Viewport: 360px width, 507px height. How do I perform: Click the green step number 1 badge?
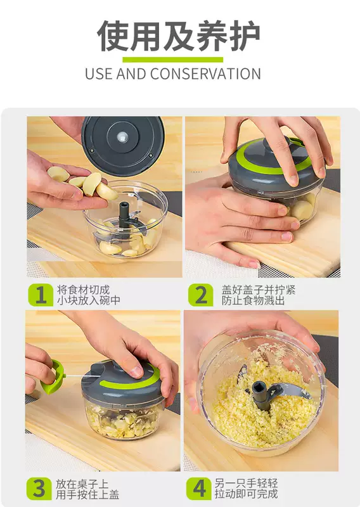pyautogui.click(x=41, y=295)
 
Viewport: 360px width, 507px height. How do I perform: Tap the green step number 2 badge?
pyautogui.click(x=201, y=295)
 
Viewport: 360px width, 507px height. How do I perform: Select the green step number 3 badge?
pyautogui.click(x=39, y=489)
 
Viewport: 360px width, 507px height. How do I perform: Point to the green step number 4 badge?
pyautogui.click(x=198, y=489)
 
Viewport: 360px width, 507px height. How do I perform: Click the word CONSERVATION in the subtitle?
pyautogui.click(x=205, y=74)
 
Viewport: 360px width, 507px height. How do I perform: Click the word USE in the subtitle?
pyautogui.click(x=99, y=74)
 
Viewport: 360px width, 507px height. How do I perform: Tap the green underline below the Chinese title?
pyautogui.click(x=173, y=60)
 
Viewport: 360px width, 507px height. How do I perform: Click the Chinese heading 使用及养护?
pyautogui.click(x=179, y=35)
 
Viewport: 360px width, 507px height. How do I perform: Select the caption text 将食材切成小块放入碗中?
pyautogui.click(x=88, y=295)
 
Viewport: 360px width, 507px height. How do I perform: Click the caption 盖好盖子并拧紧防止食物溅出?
pyautogui.click(x=259, y=295)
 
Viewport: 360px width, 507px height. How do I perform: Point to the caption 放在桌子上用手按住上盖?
pyautogui.click(x=87, y=489)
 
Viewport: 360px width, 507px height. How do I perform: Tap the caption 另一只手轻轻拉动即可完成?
pyautogui.click(x=246, y=488)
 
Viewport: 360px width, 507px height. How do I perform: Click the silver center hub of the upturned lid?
pyautogui.click(x=122, y=137)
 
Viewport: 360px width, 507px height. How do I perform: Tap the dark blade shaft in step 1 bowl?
pyautogui.click(x=124, y=214)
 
